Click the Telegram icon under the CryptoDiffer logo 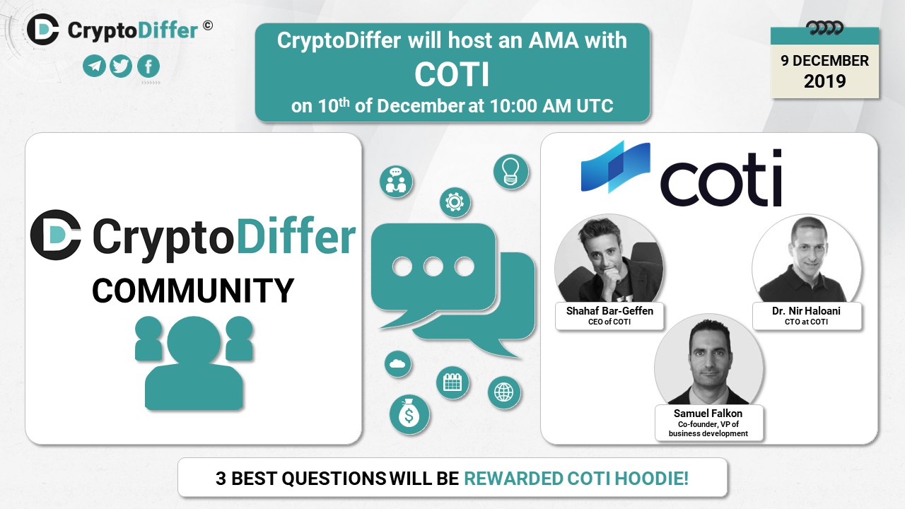[x=94, y=66]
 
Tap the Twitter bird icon [x=121, y=66]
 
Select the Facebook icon [x=148, y=66]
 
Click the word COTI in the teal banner [x=452, y=74]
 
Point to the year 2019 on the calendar [x=824, y=81]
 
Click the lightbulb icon [x=510, y=172]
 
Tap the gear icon [x=455, y=202]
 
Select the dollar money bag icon [x=409, y=414]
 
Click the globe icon [x=504, y=392]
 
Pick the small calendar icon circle [x=452, y=382]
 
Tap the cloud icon [x=397, y=363]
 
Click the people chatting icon [x=396, y=181]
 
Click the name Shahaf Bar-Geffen [x=609, y=310]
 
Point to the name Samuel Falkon [x=708, y=414]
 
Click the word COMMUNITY [x=193, y=291]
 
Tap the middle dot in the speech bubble [x=433, y=267]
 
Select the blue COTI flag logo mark [x=615, y=166]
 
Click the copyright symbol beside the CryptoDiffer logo [x=208, y=25]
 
